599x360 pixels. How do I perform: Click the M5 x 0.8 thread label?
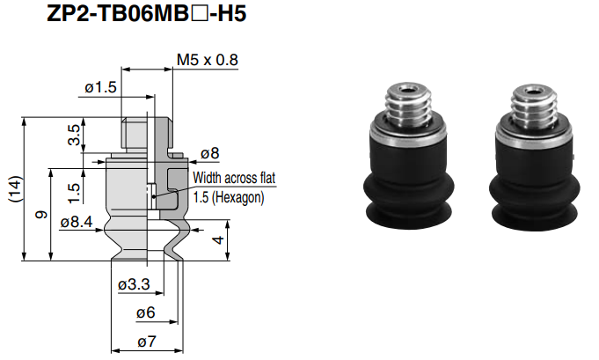tap(208, 60)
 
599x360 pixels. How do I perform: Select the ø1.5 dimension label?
tap(101, 87)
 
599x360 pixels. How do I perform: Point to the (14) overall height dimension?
tap(13, 188)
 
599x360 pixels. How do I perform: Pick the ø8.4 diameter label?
tap(77, 222)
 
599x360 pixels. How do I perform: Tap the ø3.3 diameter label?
tap(134, 285)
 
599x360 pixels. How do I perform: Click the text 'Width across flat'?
tap(234, 178)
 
